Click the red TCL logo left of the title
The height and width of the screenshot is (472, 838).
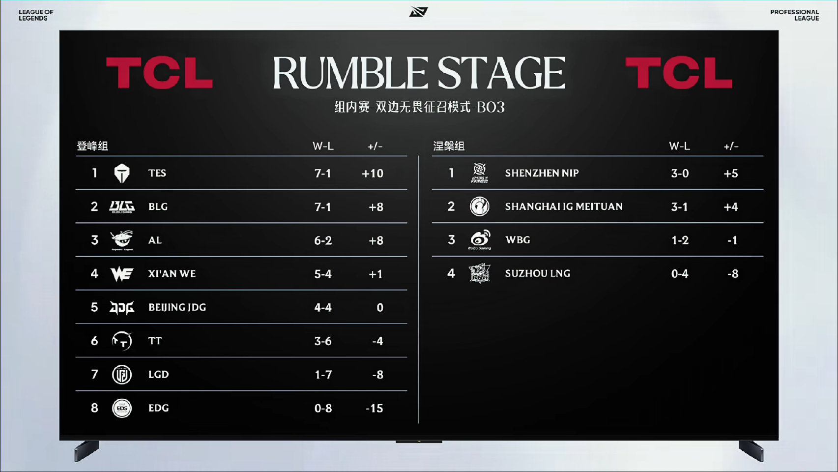[x=160, y=73]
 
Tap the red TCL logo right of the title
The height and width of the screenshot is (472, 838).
[x=679, y=73]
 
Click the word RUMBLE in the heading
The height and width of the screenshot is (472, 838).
[x=349, y=73]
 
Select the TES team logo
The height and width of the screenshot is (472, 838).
[x=121, y=173]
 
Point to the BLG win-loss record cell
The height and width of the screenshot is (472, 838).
[x=322, y=207]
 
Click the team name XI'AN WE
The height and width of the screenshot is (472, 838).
[x=172, y=274]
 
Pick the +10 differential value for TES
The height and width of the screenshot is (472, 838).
[x=373, y=173]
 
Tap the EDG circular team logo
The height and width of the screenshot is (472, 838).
[x=122, y=408]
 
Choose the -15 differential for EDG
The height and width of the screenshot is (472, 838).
[x=375, y=408]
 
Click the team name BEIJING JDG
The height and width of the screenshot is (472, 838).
[x=177, y=307]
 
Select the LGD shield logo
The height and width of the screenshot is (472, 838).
[x=122, y=375]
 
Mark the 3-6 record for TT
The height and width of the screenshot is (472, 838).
[x=322, y=341]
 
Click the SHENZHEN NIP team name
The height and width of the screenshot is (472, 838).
[x=542, y=173]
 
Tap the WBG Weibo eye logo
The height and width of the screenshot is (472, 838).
[x=480, y=239]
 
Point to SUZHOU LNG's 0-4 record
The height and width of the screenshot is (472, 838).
[x=679, y=274]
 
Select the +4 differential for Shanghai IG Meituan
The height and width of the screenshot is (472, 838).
[x=731, y=207]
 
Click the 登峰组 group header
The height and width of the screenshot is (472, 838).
[x=92, y=146]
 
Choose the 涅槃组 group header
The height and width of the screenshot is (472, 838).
[x=449, y=146]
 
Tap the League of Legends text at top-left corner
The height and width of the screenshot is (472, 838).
[x=36, y=15]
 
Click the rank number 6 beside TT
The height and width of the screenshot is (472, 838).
[x=94, y=341]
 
